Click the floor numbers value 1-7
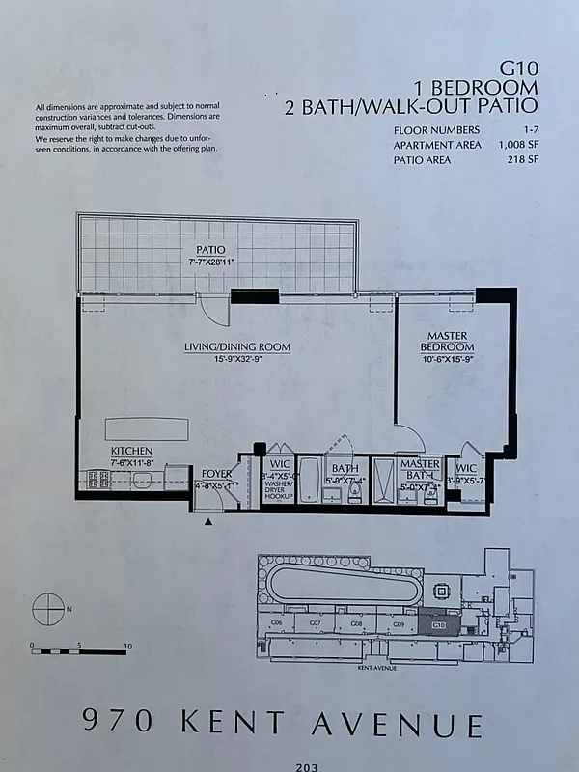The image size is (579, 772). [x=531, y=130]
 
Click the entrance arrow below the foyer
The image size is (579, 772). [x=209, y=521]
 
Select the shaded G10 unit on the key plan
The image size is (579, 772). [x=438, y=624]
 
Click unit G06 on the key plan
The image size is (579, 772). [x=277, y=624]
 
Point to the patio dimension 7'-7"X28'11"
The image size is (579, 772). [x=211, y=261]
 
